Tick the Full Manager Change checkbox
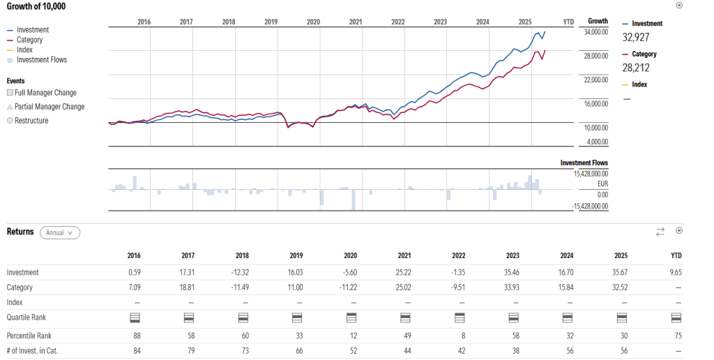click(10, 93)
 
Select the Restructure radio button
click(10, 121)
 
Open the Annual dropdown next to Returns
click(60, 232)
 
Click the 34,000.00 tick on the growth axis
click(595, 31)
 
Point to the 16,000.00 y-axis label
click(595, 103)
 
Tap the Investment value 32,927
click(636, 37)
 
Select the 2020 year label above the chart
click(313, 22)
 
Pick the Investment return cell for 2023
click(515, 273)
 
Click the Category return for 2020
click(353, 287)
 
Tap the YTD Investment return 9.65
click(676, 273)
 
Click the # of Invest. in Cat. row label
click(32, 351)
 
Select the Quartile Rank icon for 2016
click(136, 317)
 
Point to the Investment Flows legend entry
click(41, 60)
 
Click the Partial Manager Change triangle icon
click(10, 107)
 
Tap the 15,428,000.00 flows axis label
click(590, 173)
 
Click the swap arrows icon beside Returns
click(660, 232)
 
